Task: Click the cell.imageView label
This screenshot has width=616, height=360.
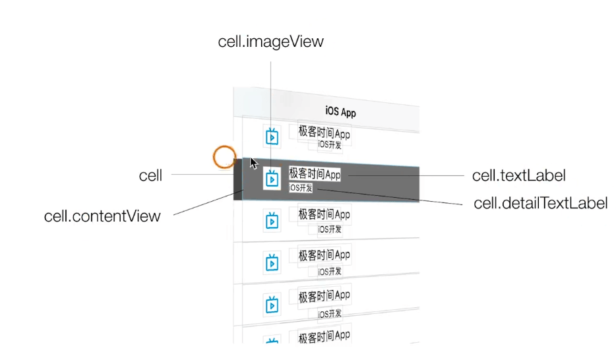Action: click(x=271, y=42)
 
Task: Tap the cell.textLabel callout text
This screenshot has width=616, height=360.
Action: click(x=519, y=175)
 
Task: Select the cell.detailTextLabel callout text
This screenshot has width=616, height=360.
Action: click(x=541, y=203)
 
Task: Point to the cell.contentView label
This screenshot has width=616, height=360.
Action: click(x=102, y=216)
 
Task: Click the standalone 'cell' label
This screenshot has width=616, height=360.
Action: click(x=150, y=175)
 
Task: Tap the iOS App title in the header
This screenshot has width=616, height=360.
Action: click(x=340, y=111)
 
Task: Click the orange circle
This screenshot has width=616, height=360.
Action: click(x=224, y=157)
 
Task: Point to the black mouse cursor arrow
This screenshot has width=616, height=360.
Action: click(x=253, y=163)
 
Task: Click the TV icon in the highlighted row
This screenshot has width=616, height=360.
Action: click(x=271, y=178)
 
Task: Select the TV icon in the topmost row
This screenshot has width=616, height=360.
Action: click(x=272, y=137)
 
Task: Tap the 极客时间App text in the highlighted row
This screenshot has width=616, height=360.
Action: click(x=315, y=174)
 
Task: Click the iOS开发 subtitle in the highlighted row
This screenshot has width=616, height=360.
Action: click(x=301, y=188)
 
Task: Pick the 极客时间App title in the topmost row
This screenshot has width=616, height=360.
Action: click(x=324, y=133)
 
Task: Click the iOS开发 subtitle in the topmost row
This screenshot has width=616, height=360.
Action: click(x=330, y=145)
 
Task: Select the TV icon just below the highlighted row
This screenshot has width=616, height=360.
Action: click(x=272, y=221)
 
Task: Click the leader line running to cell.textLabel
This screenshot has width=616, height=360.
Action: click(x=409, y=176)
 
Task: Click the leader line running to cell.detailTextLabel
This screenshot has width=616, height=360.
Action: click(x=396, y=198)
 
